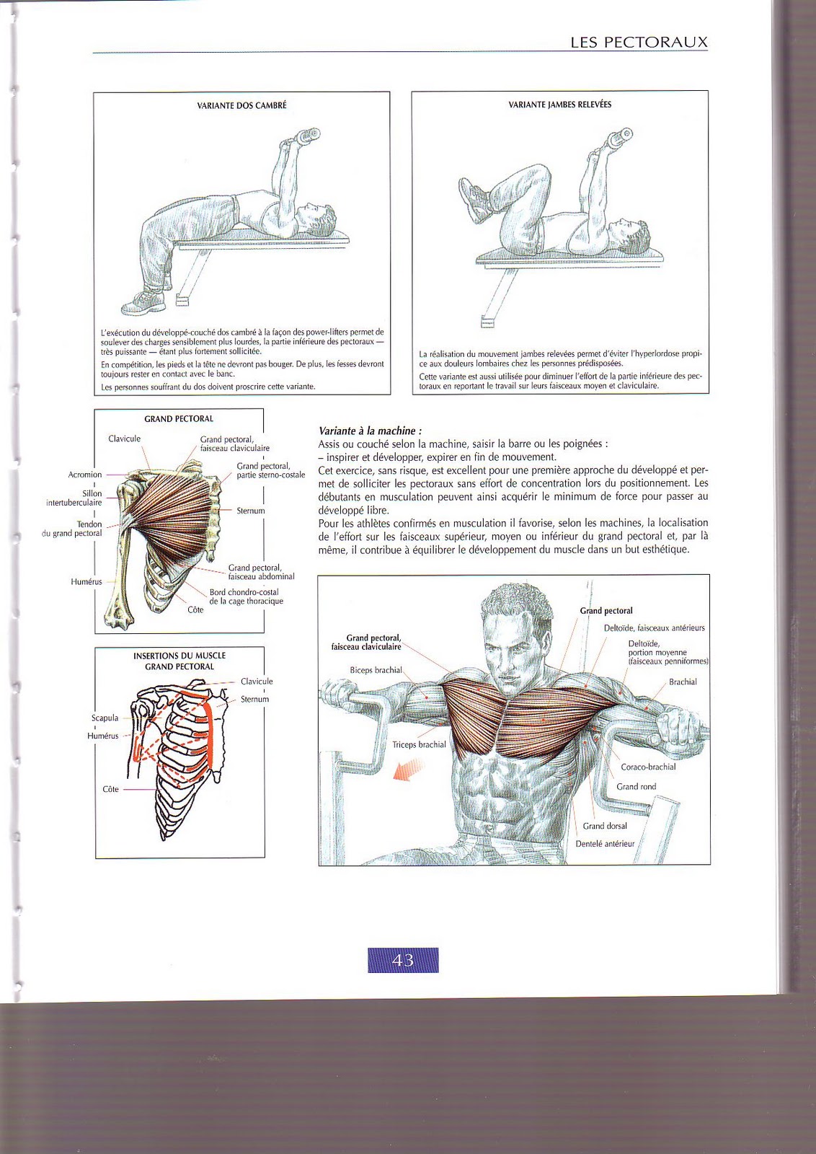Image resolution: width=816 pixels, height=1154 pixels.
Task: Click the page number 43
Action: tap(403, 960)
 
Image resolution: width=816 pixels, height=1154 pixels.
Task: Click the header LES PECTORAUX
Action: tap(639, 43)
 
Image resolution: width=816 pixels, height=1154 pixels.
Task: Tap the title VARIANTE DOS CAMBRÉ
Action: tap(241, 105)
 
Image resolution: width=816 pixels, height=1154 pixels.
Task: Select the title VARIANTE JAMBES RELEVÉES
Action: tap(559, 105)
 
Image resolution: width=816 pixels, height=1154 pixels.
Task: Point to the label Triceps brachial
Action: tap(419, 744)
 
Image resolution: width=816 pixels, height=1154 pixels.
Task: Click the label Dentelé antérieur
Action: tap(605, 843)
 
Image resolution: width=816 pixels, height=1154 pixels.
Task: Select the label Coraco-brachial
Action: tap(648, 767)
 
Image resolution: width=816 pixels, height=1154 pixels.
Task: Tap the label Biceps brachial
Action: tap(376, 670)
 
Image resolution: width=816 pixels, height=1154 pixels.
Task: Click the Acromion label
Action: tap(85, 475)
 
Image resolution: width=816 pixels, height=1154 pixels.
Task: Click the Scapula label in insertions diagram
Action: tap(105, 718)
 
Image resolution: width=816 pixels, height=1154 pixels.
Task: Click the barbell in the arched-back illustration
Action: tap(305, 136)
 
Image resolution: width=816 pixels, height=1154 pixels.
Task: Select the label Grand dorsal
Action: tap(605, 826)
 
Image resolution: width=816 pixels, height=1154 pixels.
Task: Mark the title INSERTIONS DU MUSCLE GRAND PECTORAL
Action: tap(179, 661)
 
